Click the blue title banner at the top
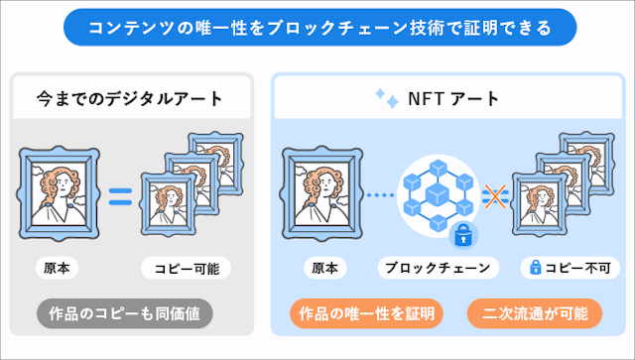point(317,27)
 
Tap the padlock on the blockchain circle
point(459,235)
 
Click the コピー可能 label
point(187,268)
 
